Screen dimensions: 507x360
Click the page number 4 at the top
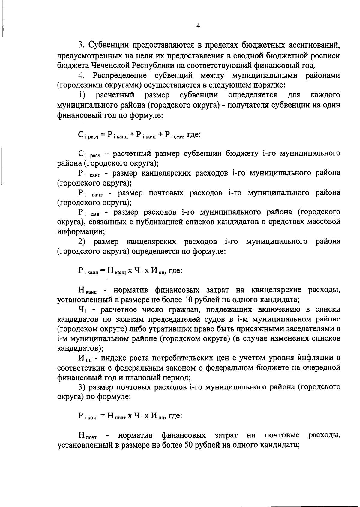point(198,26)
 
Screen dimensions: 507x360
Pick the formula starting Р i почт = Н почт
point(130,416)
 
